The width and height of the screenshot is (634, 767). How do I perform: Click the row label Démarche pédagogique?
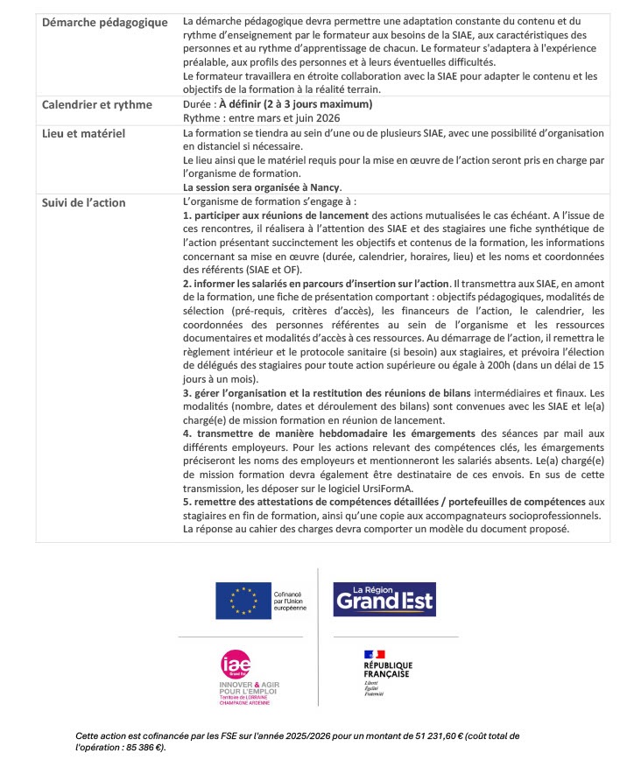(104, 22)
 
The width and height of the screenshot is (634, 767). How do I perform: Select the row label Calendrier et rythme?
(96, 105)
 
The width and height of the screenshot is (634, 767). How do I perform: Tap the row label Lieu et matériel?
(84, 133)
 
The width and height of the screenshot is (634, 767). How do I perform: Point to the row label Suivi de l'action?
(84, 202)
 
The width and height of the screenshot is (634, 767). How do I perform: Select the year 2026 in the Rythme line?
(327, 117)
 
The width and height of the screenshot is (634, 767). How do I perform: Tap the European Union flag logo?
(243, 601)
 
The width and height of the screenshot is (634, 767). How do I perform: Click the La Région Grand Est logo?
(384, 600)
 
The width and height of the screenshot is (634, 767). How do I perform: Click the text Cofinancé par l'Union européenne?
(290, 601)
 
